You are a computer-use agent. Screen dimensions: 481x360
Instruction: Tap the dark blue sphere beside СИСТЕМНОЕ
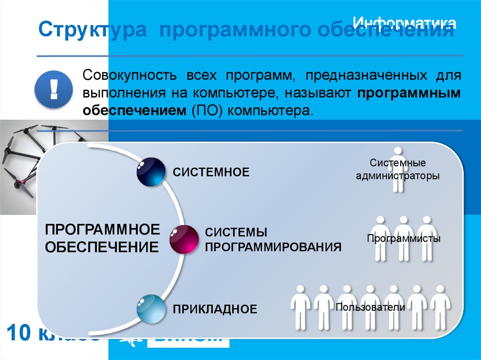(x=151, y=172)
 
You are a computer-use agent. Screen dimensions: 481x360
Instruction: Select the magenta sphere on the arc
(x=184, y=239)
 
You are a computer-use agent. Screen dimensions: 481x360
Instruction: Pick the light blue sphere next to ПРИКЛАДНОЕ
(x=151, y=308)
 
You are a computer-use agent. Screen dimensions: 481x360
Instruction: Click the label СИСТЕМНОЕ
(x=211, y=172)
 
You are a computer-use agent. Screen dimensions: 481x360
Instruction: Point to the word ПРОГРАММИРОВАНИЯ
(x=273, y=247)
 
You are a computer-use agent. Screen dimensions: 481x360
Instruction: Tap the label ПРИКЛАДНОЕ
(x=215, y=309)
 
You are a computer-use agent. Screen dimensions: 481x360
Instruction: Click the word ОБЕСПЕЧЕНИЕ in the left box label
(x=102, y=247)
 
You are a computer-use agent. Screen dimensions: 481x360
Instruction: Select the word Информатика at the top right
(x=404, y=23)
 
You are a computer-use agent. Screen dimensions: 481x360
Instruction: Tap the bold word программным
(x=409, y=93)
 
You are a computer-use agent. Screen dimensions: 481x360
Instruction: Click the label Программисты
(x=403, y=238)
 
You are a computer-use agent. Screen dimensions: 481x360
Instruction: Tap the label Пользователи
(x=370, y=307)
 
